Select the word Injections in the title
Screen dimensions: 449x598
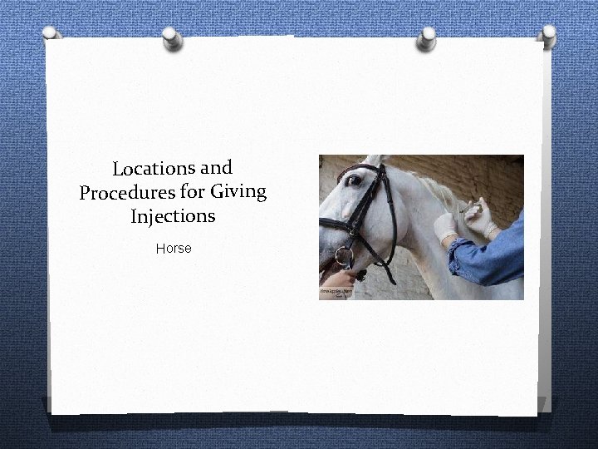pos(173,217)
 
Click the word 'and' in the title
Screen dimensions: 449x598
pos(216,166)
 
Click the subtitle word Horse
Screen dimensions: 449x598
pos(174,248)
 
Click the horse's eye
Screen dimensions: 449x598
pos(355,180)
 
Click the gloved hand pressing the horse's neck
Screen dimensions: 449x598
pos(445,225)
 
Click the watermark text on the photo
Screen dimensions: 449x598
pos(335,294)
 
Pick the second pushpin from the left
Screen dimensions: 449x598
pos(170,37)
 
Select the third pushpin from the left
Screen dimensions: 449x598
pos(427,36)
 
